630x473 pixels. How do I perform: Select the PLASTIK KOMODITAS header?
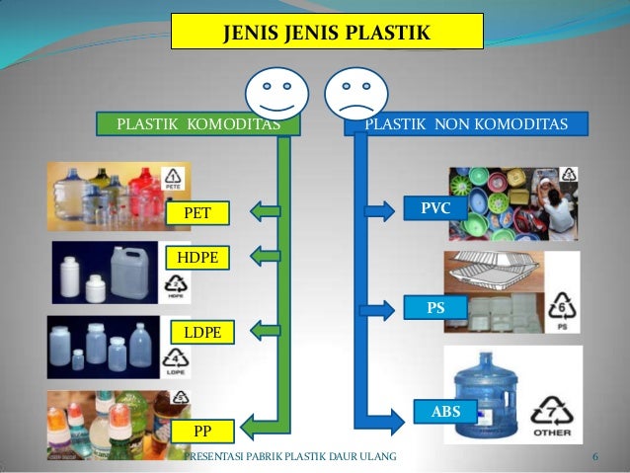coord(197,124)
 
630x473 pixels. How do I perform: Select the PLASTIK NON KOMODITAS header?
coord(465,124)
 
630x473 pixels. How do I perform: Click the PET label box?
coord(197,212)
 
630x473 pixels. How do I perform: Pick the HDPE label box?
coord(197,258)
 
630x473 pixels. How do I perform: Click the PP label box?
coord(201,431)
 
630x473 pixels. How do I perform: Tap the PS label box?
coord(435,308)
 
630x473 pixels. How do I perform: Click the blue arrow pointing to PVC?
coord(379,209)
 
